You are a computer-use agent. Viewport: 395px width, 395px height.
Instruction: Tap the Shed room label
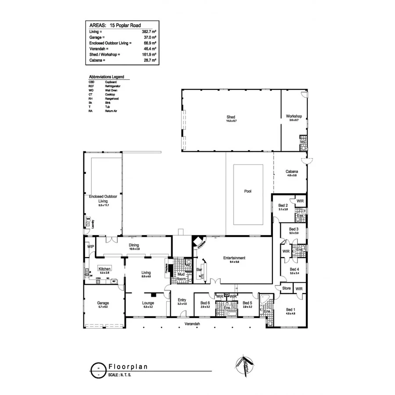click(x=231, y=117)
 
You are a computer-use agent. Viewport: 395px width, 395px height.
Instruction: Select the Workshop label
click(x=294, y=116)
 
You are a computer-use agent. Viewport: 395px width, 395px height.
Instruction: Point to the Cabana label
click(x=292, y=172)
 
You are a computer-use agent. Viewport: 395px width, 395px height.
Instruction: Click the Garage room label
click(x=103, y=303)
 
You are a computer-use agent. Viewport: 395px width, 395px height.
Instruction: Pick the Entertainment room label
click(x=234, y=258)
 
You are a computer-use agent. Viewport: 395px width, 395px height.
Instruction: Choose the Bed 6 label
click(x=205, y=303)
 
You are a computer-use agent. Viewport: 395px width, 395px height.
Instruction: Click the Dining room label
click(x=133, y=245)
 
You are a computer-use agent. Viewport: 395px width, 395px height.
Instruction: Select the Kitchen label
click(x=104, y=269)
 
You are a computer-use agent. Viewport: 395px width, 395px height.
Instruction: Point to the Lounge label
click(x=147, y=303)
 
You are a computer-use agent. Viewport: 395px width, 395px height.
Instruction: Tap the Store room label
click(x=286, y=288)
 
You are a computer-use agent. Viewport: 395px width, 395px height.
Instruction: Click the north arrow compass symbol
click(x=242, y=364)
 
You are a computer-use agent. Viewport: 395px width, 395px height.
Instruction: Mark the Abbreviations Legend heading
click(x=106, y=77)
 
